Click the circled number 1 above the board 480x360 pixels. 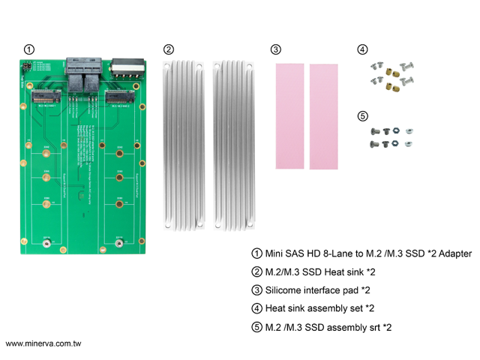(28, 49)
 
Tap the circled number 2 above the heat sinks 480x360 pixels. (169, 49)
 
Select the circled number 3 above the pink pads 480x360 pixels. (276, 49)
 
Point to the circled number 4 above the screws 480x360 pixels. (363, 49)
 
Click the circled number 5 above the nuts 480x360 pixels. (363, 116)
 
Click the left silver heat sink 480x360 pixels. (181, 143)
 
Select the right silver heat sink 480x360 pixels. (231, 143)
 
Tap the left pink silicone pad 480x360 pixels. (289, 115)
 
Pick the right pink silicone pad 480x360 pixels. (324, 115)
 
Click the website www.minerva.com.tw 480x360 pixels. (43, 343)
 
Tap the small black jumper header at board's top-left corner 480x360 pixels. (22, 68)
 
